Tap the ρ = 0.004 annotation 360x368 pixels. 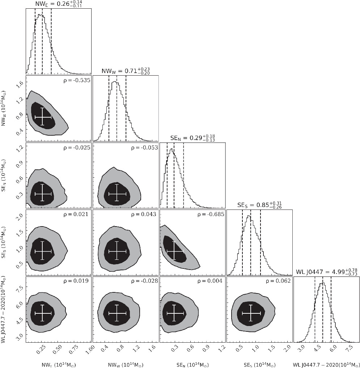coord(209,281)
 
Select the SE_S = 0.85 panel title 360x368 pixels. coord(259,205)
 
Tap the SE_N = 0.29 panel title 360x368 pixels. coord(193,138)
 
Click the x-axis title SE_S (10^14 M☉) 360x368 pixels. coord(259,363)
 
